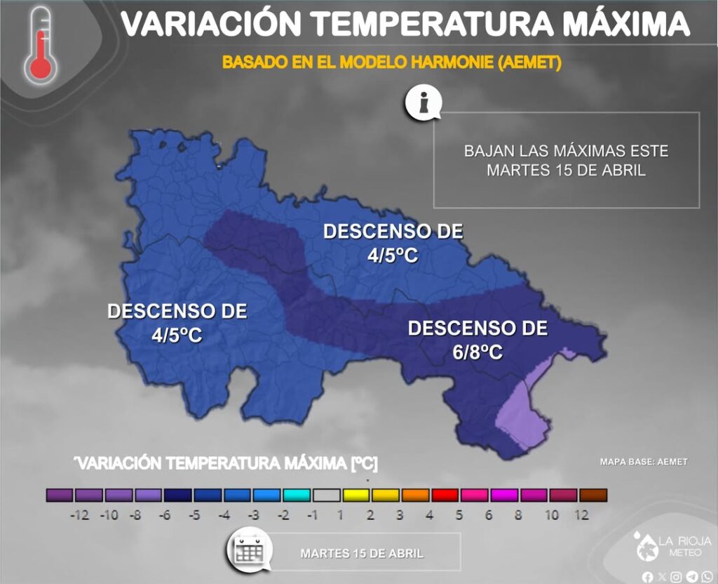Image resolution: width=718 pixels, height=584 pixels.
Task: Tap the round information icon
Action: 423,104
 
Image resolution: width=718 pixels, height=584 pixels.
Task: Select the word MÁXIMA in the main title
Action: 625,25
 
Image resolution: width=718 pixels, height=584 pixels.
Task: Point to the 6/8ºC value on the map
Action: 477,352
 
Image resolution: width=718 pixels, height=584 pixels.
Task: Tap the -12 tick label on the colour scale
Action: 79,515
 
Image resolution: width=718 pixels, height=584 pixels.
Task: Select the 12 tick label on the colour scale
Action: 581,515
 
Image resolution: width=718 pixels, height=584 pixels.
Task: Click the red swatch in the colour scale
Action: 445,495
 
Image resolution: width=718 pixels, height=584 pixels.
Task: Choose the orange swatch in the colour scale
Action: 415,495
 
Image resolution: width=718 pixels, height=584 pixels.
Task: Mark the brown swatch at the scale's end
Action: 592,495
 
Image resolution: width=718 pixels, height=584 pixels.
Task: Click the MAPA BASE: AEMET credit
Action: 644,462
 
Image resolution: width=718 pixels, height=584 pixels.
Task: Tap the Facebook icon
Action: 647,577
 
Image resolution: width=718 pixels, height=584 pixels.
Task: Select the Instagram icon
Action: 676,577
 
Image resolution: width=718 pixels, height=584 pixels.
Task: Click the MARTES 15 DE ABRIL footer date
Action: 362,553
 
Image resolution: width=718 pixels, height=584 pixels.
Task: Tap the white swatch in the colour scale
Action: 326,495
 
